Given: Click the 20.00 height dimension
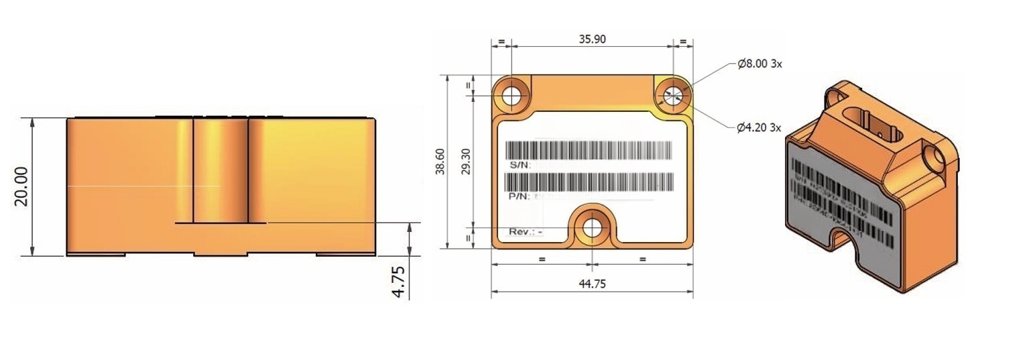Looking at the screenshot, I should [22, 186].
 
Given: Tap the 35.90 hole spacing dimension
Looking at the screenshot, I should [592, 39].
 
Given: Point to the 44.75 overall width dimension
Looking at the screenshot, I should [592, 284].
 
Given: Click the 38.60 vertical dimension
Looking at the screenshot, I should [440, 162].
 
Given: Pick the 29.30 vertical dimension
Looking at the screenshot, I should [465, 162].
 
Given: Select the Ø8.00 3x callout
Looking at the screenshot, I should [760, 64].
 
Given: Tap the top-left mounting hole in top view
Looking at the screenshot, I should [512, 95].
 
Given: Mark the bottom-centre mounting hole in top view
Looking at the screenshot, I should [592, 228].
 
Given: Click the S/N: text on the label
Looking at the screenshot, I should [520, 164].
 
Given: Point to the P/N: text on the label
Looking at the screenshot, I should [520, 196].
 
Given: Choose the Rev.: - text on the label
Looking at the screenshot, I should [526, 231].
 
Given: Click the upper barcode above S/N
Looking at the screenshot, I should [589, 150].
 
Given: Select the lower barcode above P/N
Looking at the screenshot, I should [589, 182].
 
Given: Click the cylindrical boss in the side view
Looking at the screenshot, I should [221, 171].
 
